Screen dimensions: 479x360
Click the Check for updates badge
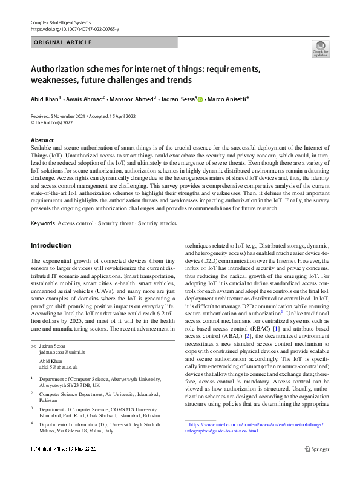click(x=320, y=48)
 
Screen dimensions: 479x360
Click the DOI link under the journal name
click(x=74, y=28)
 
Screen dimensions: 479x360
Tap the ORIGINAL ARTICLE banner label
click(x=63, y=42)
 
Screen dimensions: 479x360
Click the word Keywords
click(x=42, y=223)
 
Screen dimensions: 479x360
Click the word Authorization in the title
click(x=62, y=69)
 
